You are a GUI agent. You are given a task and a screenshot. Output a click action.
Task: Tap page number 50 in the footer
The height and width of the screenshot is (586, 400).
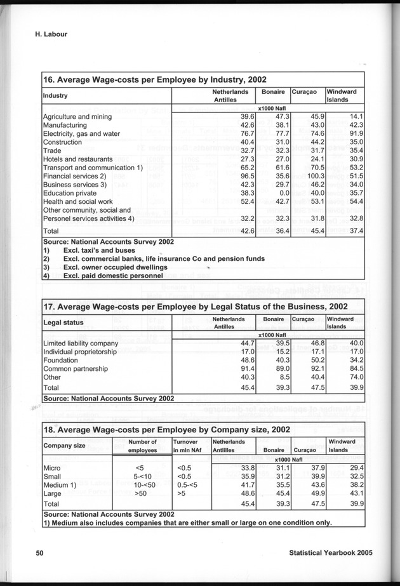click(39, 553)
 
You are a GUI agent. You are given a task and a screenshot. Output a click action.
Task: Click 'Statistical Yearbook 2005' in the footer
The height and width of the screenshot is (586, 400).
click(326, 553)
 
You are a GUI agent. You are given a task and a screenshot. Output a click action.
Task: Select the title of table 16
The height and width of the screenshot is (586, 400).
click(154, 80)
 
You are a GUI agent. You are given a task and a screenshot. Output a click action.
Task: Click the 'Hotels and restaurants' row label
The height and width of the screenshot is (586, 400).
click(77, 159)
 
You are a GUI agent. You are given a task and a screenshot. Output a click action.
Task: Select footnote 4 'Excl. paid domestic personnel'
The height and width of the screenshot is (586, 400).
click(115, 276)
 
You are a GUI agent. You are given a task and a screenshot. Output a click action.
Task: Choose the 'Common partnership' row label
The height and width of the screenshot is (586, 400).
click(75, 368)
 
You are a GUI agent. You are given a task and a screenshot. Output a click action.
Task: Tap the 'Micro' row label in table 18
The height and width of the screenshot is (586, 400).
click(51, 468)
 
